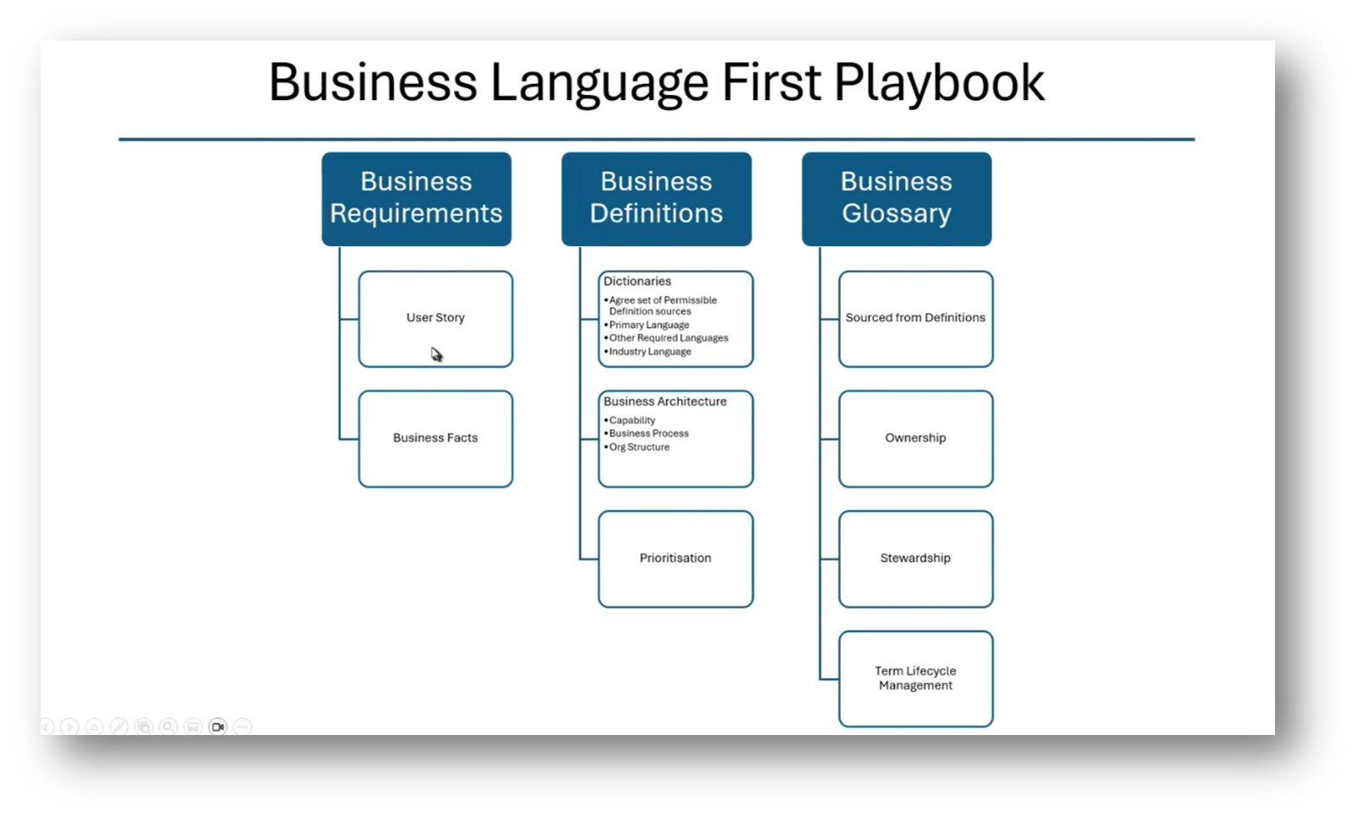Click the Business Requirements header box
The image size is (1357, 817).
(x=416, y=198)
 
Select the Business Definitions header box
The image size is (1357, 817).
(x=656, y=198)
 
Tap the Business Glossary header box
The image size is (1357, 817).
(x=896, y=198)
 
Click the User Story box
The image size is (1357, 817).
(x=435, y=317)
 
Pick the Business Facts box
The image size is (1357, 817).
(x=435, y=437)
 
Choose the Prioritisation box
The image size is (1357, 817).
(x=675, y=558)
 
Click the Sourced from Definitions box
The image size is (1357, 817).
(x=915, y=317)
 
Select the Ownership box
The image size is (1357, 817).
(x=915, y=437)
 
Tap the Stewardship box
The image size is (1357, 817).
(x=915, y=558)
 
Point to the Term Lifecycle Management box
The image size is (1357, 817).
(x=915, y=678)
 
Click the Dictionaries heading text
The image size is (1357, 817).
(x=637, y=281)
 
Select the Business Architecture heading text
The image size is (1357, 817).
(x=665, y=401)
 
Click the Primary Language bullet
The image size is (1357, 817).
(x=649, y=325)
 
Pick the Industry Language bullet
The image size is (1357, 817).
(x=650, y=352)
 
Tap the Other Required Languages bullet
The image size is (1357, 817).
(x=668, y=338)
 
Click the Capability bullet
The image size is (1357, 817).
(x=632, y=420)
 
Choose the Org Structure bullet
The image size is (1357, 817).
(x=639, y=447)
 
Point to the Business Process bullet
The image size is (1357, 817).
(x=648, y=433)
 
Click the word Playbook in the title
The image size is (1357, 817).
(x=938, y=83)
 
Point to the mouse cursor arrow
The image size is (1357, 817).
(x=436, y=354)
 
